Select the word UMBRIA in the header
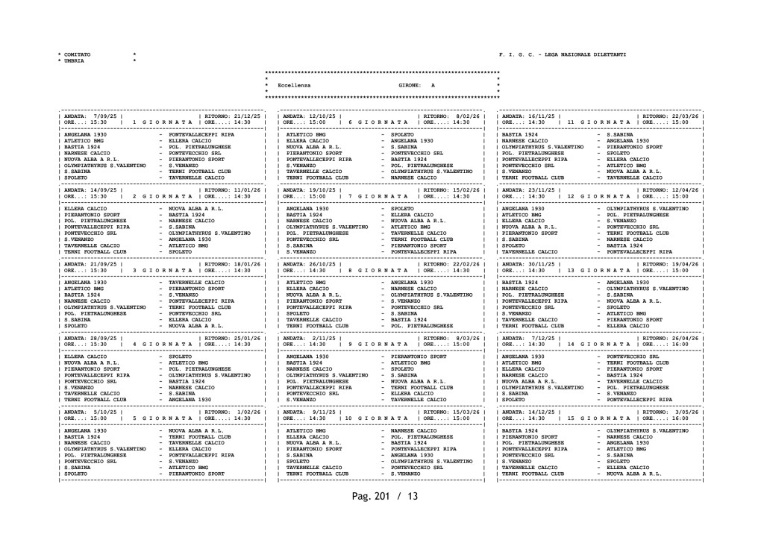pyautogui.click(x=74, y=61)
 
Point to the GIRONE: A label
pyautogui.click(x=416, y=87)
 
